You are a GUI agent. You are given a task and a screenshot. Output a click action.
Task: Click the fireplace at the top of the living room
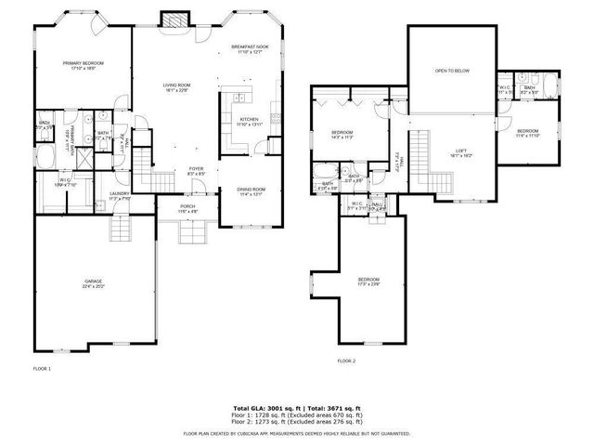[174, 20]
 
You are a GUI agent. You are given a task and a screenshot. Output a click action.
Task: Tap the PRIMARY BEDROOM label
[84, 64]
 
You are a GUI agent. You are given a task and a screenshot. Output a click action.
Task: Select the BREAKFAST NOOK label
[250, 48]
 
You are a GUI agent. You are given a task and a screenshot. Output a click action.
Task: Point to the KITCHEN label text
[249, 120]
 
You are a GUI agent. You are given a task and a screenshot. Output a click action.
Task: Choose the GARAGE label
[93, 282]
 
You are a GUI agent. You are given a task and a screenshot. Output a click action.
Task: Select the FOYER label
[197, 169]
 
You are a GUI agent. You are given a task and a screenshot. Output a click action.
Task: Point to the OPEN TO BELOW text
[452, 71]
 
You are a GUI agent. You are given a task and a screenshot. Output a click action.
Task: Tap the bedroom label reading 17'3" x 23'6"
[369, 281]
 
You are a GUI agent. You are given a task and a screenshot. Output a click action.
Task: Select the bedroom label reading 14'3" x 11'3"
[342, 135]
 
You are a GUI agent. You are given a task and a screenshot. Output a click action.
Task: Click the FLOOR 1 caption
[41, 369]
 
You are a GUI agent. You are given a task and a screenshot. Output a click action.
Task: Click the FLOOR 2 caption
[347, 360]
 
